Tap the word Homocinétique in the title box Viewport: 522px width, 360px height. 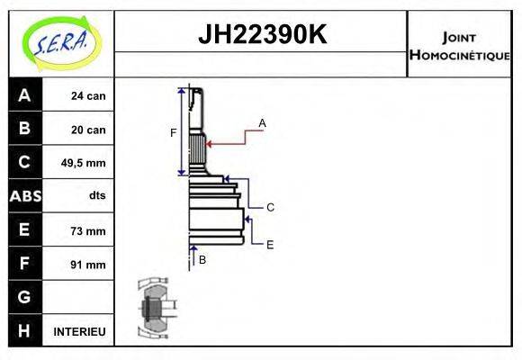click(x=459, y=55)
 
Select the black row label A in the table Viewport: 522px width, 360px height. click(x=25, y=94)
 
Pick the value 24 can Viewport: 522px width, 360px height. click(x=88, y=95)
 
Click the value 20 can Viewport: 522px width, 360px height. click(x=88, y=130)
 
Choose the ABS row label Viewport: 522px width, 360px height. click(x=25, y=196)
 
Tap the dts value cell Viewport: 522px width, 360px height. click(x=96, y=196)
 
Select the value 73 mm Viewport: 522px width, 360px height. click(x=88, y=230)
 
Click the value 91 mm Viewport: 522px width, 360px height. click(x=88, y=265)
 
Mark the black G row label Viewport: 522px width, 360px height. click(x=25, y=297)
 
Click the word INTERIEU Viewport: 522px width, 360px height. click(x=80, y=331)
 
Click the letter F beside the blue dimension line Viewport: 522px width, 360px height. click(x=174, y=133)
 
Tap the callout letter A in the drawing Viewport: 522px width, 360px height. click(x=263, y=122)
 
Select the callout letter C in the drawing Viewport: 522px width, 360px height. click(x=270, y=207)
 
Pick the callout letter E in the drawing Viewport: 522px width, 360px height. click(x=270, y=244)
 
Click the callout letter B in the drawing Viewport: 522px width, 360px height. click(x=202, y=259)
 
